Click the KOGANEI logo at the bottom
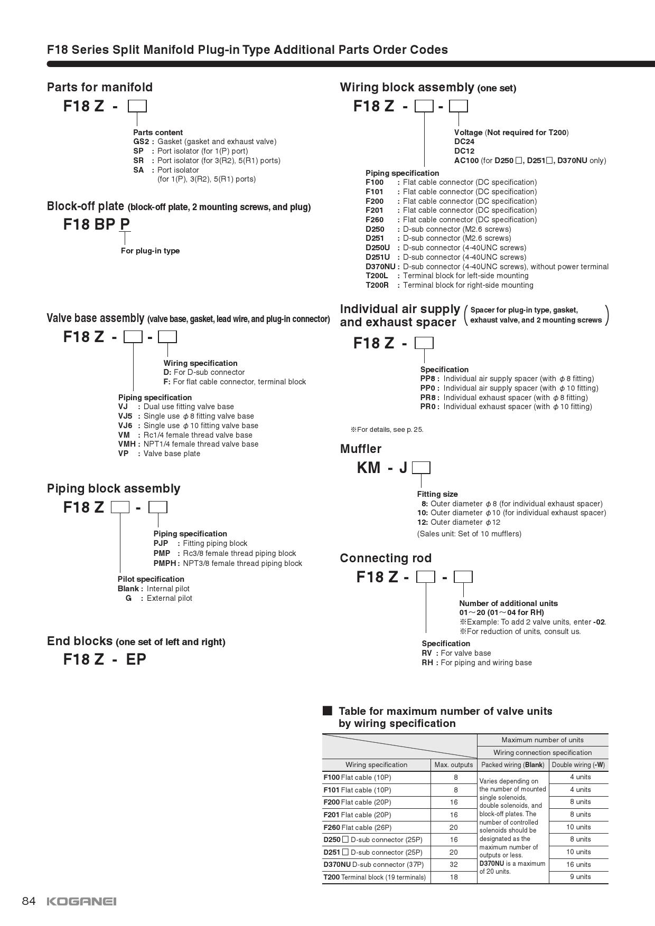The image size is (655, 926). coord(81,901)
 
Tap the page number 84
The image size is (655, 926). coord(29,901)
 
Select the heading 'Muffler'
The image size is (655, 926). coord(360,449)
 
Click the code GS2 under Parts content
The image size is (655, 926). coord(141,141)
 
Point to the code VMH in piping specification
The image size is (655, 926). coord(127,444)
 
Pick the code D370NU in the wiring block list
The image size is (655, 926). coord(380,267)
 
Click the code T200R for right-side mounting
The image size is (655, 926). coord(377,285)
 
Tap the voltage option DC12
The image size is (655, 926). coord(464,151)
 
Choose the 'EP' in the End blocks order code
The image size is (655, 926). coord(136,659)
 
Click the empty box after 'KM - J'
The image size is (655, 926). coord(421,468)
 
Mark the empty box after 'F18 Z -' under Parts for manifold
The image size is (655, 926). coord(137,107)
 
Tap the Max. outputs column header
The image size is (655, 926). coord(453,765)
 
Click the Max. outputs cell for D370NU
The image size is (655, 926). coord(453,865)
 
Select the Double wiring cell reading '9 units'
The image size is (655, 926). coord(579,877)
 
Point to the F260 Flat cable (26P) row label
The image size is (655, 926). coord(358,827)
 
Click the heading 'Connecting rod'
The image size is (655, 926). coord(386,558)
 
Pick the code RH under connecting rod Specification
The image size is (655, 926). coord(427,663)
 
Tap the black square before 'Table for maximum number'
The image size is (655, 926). coord(327,711)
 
